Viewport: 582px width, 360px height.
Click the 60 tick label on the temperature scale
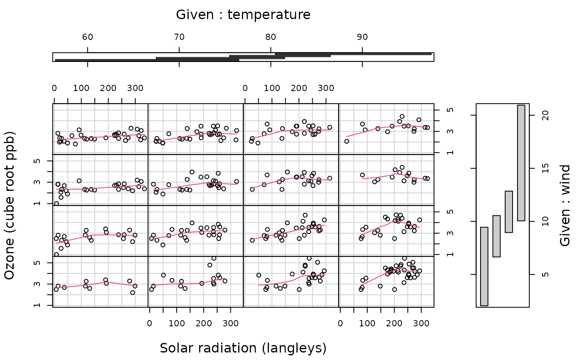pyautogui.click(x=87, y=37)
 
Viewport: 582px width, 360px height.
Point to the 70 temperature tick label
pyautogui.click(x=179, y=37)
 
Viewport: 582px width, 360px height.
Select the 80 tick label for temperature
pyautogui.click(x=271, y=37)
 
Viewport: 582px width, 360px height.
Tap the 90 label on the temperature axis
pyautogui.click(x=362, y=37)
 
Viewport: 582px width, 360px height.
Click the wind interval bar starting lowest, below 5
pyautogui.click(x=484, y=266)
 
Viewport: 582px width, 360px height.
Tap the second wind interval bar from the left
pyautogui.click(x=496, y=236)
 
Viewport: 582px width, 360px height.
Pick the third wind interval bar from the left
pyautogui.click(x=509, y=212)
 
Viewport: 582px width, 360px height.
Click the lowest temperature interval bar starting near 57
pyautogui.click(x=147, y=60)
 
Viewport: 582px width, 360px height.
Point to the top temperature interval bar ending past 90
pyautogui.click(x=353, y=54)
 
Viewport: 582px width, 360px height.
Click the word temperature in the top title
pyautogui.click(x=269, y=15)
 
